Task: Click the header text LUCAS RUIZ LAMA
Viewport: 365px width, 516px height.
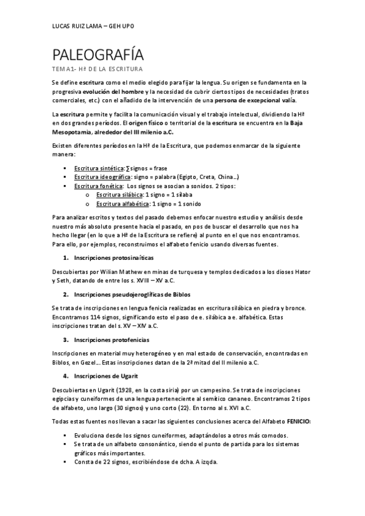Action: coord(76,26)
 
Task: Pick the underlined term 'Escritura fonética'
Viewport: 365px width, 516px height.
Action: coord(96,186)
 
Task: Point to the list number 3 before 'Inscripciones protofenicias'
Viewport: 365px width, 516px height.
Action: coord(66,339)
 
